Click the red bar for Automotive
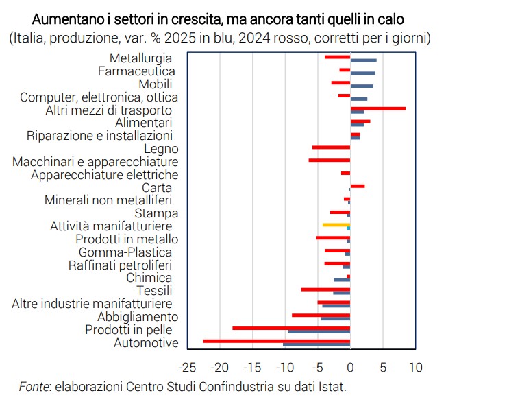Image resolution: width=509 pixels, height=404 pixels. pyautogui.click(x=277, y=340)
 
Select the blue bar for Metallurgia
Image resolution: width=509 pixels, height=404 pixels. pyautogui.click(x=363, y=60)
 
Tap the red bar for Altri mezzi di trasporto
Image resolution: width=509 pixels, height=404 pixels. pyautogui.click(x=377, y=108)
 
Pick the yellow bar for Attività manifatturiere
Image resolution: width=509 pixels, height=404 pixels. pyautogui.click(x=336, y=224)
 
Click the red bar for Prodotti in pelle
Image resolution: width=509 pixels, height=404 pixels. pyautogui.click(x=291, y=328)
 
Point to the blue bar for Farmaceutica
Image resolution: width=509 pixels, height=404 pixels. pyautogui.click(x=362, y=73)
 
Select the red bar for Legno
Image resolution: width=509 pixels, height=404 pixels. pyautogui.click(x=331, y=147)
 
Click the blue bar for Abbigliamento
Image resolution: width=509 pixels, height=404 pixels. pyautogui.click(x=335, y=318)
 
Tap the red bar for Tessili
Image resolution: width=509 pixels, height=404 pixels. pyautogui.click(x=325, y=289)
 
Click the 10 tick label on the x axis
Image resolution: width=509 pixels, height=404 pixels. pyautogui.click(x=414, y=367)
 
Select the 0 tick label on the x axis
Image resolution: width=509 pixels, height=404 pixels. pyautogui.click(x=350, y=367)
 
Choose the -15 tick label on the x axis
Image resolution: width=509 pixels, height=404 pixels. pyautogui.click(x=253, y=367)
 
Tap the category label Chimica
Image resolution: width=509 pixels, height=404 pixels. pyautogui.click(x=149, y=277)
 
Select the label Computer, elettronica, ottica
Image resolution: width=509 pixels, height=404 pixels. pyautogui.click(x=99, y=97)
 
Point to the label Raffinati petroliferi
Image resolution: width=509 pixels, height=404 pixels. pyautogui.click(x=120, y=265)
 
